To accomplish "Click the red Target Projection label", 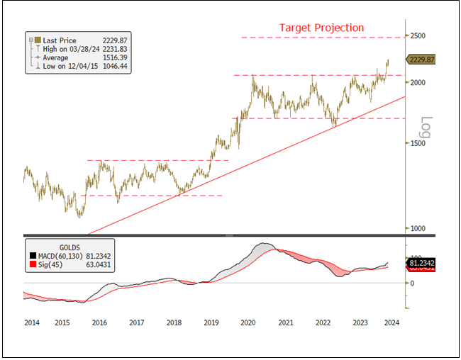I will point(321,28).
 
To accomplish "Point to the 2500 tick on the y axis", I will point(416,35).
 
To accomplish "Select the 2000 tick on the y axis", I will point(416,82).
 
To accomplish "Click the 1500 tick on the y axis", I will point(416,143).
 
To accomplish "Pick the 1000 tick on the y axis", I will point(416,228).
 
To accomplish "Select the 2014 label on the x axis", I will point(31,322).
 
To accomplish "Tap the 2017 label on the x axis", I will point(136,322).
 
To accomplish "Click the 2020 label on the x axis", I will point(248,322).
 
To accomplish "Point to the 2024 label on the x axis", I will point(391,322).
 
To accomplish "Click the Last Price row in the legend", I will point(60,40).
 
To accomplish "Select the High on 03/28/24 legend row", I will point(71,50).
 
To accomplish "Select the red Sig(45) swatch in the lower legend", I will point(32,265).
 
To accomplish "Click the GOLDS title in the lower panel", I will point(70,247).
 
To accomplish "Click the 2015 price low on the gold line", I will point(79,215).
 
